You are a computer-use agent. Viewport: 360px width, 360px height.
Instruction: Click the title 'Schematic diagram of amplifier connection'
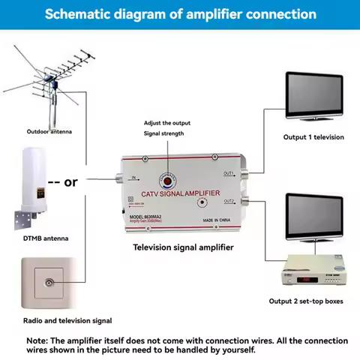(180, 14)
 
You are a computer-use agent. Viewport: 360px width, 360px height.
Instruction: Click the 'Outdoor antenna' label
(49, 131)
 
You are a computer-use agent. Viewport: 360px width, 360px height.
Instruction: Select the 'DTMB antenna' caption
(47, 238)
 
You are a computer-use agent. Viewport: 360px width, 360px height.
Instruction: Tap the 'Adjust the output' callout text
(166, 121)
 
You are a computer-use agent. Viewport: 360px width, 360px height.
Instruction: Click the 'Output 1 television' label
(313, 137)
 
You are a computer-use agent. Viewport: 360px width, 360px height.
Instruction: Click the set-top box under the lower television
(310, 273)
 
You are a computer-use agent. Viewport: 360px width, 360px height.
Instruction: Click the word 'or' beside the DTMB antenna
(71, 181)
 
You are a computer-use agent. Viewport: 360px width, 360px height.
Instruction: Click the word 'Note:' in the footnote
(39, 340)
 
